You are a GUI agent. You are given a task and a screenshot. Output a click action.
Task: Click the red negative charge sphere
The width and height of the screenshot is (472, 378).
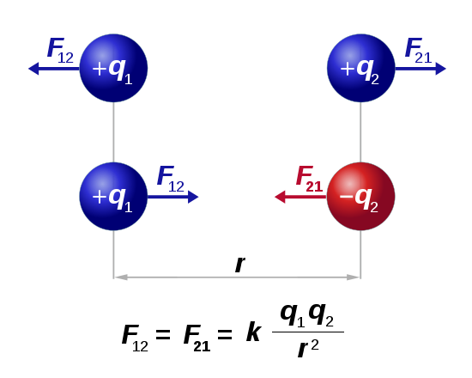(360, 196)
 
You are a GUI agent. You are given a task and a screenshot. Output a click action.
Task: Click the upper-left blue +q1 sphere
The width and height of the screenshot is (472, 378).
(113, 68)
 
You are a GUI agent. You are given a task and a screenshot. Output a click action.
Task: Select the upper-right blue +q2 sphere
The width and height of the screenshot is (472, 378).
(360, 68)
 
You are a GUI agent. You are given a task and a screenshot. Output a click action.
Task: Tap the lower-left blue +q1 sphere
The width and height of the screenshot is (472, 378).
(113, 196)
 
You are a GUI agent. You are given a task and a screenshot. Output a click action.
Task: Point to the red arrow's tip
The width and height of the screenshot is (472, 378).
(275, 197)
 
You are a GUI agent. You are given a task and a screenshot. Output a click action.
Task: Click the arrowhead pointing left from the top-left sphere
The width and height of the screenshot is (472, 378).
(33, 69)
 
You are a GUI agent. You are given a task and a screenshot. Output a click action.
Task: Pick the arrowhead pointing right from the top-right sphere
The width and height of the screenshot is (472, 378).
(441, 69)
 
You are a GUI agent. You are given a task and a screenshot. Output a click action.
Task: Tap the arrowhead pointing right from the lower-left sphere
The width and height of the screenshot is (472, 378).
(193, 197)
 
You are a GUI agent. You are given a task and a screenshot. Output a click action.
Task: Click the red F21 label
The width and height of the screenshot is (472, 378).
(309, 179)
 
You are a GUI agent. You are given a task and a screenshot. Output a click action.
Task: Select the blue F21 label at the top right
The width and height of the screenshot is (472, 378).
(418, 51)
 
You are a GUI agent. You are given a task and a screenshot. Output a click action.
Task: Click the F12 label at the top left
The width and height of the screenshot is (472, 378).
(60, 51)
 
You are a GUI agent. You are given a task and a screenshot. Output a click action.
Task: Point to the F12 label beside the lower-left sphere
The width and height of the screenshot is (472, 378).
(171, 179)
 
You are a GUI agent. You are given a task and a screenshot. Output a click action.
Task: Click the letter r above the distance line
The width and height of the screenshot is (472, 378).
(240, 265)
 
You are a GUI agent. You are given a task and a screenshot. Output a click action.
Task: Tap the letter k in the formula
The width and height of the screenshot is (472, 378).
(253, 332)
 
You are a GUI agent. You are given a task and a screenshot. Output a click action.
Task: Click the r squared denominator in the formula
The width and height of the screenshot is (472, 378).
(308, 348)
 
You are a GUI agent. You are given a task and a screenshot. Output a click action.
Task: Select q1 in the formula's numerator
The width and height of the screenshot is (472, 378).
(293, 315)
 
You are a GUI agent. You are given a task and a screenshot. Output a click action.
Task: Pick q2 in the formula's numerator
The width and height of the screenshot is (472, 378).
(321, 315)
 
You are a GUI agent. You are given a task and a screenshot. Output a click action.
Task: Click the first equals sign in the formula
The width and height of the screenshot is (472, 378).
(163, 334)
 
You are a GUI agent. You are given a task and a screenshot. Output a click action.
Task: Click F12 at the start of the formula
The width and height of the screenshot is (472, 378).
(135, 338)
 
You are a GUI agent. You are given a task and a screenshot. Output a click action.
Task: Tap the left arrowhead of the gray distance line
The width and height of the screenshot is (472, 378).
(121, 277)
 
